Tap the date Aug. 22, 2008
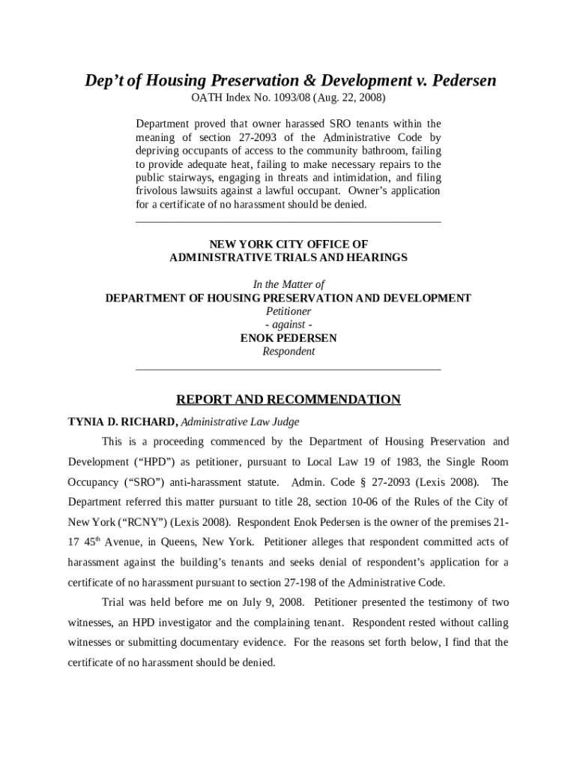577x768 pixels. pyautogui.click(x=352, y=98)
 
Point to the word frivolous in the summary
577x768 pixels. pyautogui.click(x=158, y=191)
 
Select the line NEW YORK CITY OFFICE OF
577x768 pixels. pyautogui.click(x=288, y=244)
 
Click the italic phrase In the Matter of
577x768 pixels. pyautogui.click(x=288, y=284)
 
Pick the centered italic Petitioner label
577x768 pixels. pyautogui.click(x=288, y=311)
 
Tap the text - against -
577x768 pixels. pyautogui.click(x=288, y=325)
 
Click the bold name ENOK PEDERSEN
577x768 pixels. pyautogui.click(x=288, y=338)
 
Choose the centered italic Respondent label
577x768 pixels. pyautogui.click(x=288, y=352)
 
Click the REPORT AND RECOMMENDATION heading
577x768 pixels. pyautogui.click(x=288, y=400)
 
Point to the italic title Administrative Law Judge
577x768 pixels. pyautogui.click(x=240, y=421)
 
